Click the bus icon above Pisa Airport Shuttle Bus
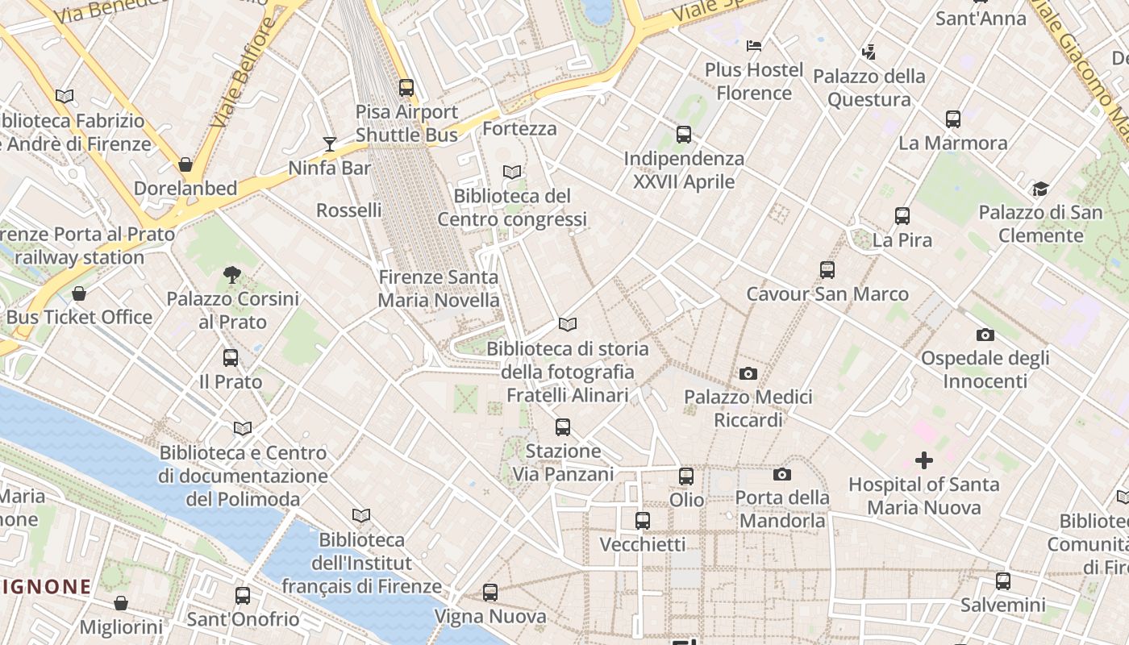pos(406,88)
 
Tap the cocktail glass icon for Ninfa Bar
pos(330,144)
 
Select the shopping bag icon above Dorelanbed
pos(185,164)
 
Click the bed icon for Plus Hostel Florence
pos(754,46)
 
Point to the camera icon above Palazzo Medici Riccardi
pos(748,373)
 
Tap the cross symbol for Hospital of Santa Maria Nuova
pos(924,460)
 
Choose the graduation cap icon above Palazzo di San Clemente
pos(1040,189)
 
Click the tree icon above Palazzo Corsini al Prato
pos(232,275)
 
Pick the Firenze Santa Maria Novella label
pos(439,289)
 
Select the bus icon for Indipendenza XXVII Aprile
pos(684,135)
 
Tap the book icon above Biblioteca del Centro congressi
pos(512,172)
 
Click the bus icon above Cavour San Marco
pos(827,270)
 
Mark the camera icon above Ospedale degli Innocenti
pos(985,335)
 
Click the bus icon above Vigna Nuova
pos(490,593)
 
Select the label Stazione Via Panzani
pos(563,462)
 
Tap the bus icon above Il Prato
pos(231,357)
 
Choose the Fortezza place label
pos(519,128)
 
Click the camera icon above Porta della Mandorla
pos(782,474)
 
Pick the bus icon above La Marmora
pos(953,119)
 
